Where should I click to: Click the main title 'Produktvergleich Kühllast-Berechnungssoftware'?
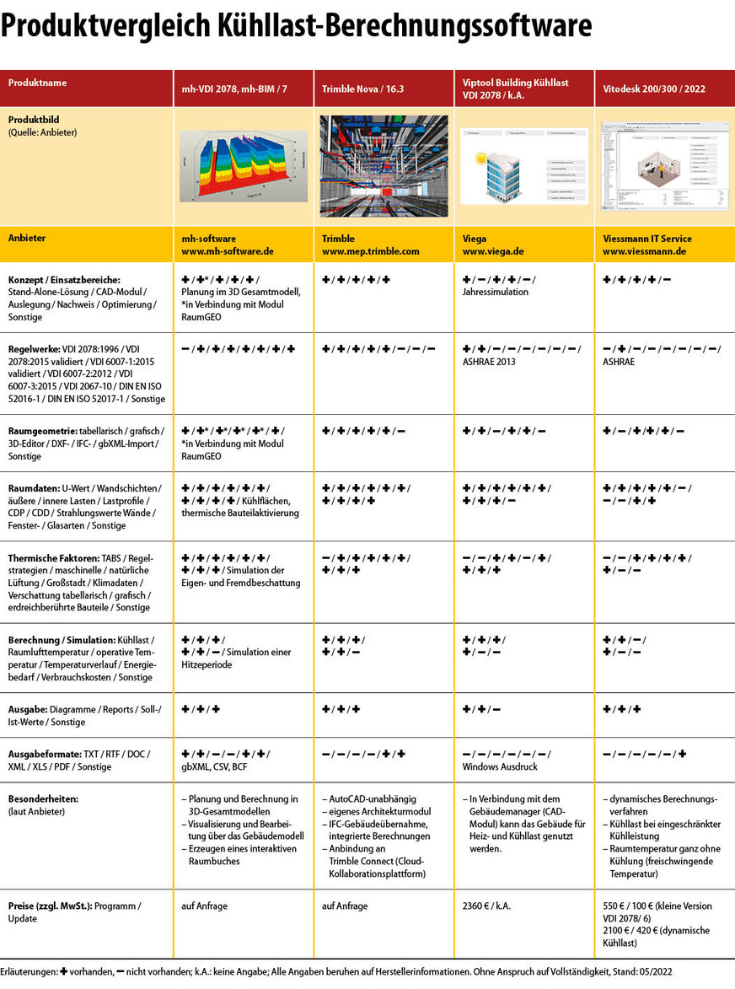tap(296, 27)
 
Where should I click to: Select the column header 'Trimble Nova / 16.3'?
tap(363, 89)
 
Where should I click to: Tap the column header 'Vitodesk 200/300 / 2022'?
tap(655, 89)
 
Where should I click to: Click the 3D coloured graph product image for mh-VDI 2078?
tap(242, 166)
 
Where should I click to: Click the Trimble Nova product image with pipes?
tap(383, 166)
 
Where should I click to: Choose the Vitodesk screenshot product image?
tap(664, 166)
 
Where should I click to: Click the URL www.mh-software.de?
tap(228, 251)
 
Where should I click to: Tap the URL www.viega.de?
tap(496, 251)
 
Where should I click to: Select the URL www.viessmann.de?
tap(644, 251)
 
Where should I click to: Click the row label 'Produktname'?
tap(37, 83)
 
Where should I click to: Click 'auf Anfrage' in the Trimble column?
tap(345, 906)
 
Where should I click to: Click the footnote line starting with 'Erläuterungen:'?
tap(336, 972)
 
